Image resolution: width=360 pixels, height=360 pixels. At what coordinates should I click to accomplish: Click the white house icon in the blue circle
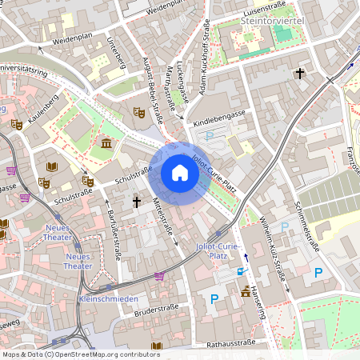click(x=180, y=173)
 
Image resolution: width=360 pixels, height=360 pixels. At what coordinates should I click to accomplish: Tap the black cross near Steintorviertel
click(x=300, y=74)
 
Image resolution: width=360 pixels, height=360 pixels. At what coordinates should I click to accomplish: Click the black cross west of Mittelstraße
click(x=137, y=202)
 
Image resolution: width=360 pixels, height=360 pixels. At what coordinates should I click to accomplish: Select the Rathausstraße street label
click(x=230, y=344)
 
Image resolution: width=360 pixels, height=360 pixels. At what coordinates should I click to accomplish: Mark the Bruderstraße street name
click(x=159, y=310)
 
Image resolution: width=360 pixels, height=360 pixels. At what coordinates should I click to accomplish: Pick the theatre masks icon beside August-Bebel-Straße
click(x=138, y=114)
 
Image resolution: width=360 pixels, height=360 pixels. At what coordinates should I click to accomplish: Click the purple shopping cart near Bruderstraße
click(x=159, y=276)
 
